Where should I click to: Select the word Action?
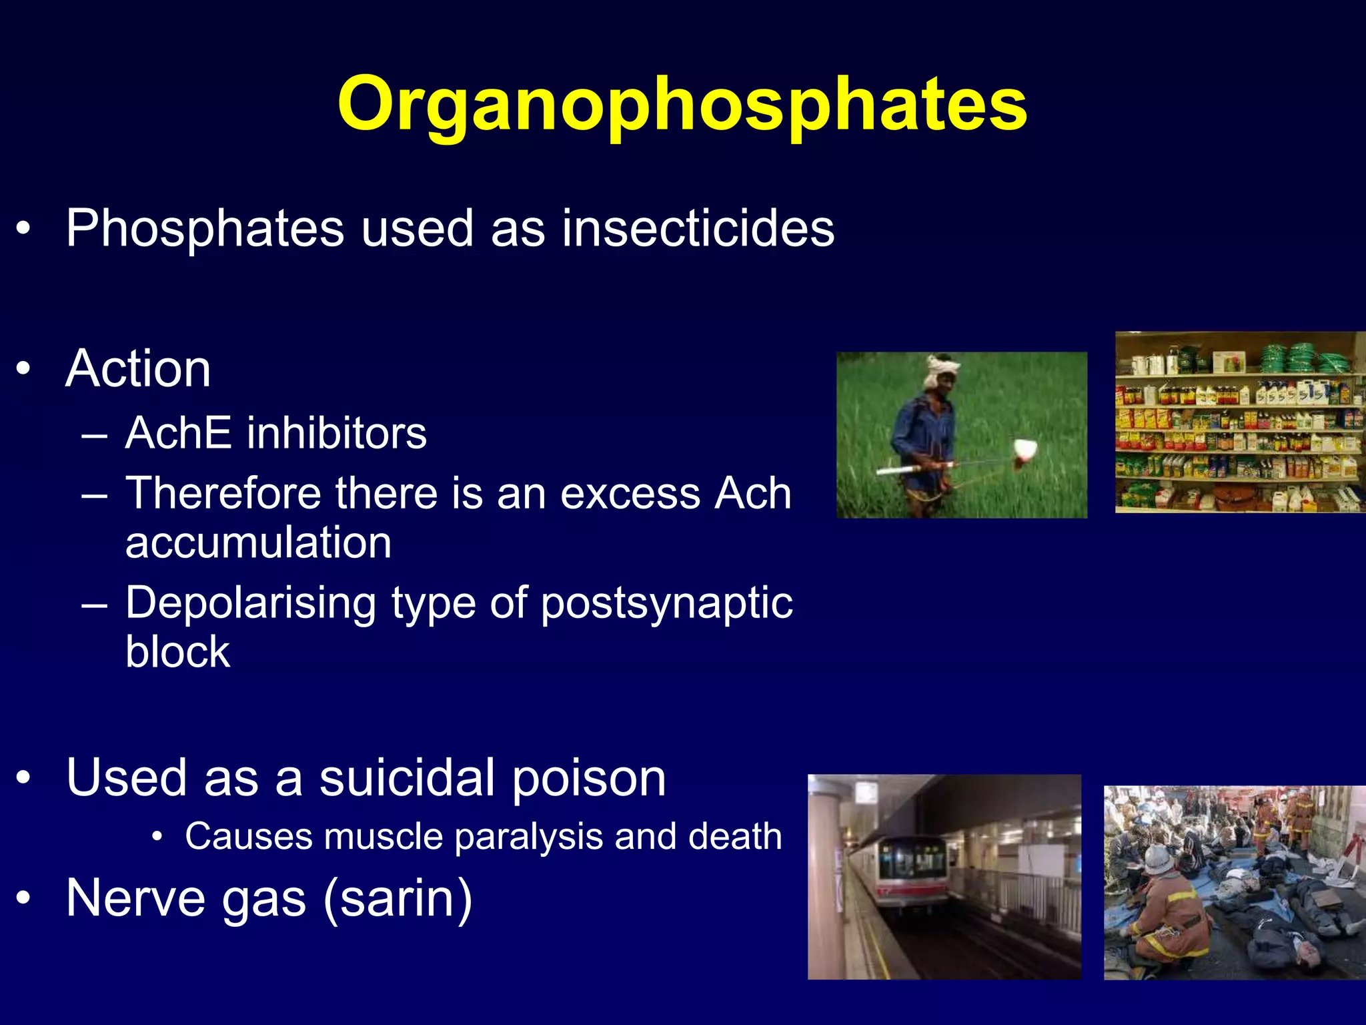coord(138,368)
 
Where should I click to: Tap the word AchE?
coord(178,433)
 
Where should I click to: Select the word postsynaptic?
coord(666,603)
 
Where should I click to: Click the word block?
coord(177,652)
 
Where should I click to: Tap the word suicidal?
coord(408,778)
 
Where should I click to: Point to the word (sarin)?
coord(398,899)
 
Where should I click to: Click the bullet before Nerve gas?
coord(24,898)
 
